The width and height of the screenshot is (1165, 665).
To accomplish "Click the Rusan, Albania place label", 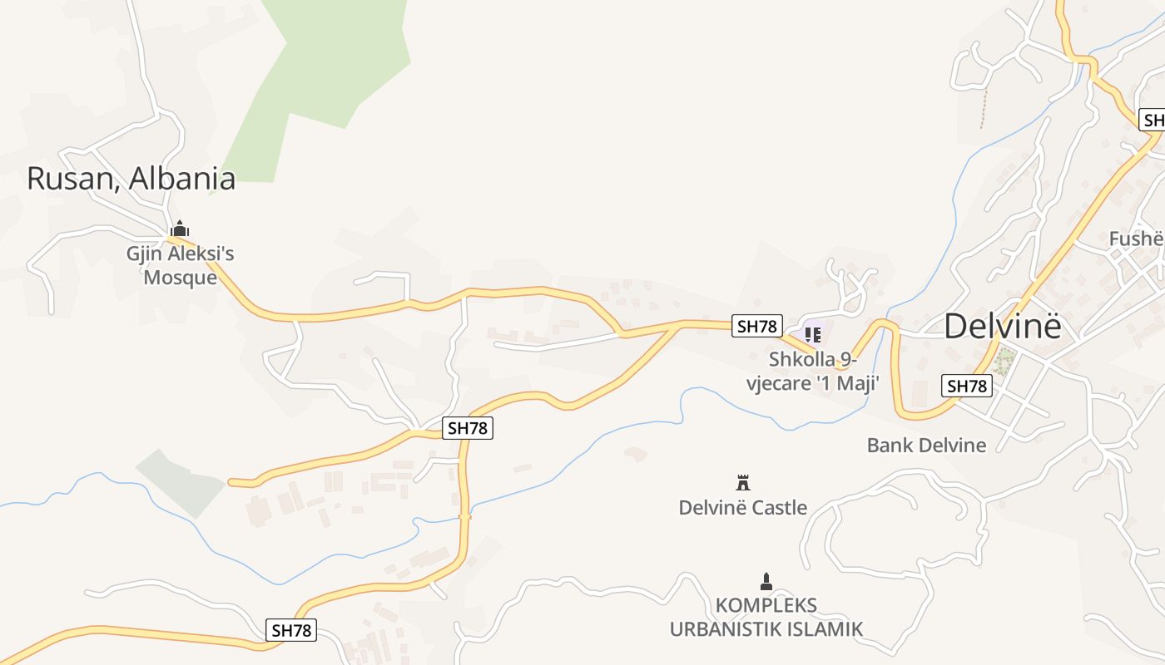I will [x=131, y=179].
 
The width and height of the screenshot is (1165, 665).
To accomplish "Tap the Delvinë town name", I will [x=1003, y=327].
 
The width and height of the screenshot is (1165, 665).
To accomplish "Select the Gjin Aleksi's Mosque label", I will [x=180, y=265].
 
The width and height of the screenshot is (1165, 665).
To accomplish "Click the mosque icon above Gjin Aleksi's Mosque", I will [x=179, y=229].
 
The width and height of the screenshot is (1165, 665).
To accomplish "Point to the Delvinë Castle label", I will [x=742, y=507].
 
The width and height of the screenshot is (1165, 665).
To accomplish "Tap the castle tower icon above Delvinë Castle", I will [x=743, y=482].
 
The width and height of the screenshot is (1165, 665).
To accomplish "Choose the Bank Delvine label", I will [x=926, y=445].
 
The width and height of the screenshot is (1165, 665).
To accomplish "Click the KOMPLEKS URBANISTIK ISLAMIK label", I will [x=766, y=617].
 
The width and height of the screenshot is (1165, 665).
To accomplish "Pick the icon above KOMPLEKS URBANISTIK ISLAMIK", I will [x=766, y=581].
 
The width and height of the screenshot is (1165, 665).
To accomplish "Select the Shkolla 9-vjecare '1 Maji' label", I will [x=824, y=372].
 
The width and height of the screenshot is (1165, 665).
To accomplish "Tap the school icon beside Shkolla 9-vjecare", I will [x=813, y=335].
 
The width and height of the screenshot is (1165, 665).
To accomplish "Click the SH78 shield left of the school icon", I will [x=756, y=326].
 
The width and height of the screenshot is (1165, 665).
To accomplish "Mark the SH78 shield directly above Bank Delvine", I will [x=967, y=386].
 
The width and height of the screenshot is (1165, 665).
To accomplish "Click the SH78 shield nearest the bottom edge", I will [x=291, y=630].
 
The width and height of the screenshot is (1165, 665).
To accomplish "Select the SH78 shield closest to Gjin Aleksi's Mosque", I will [x=467, y=428].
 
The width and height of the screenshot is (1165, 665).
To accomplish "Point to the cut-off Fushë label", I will [x=1136, y=239].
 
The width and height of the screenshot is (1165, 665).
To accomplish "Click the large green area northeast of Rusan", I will [x=325, y=75].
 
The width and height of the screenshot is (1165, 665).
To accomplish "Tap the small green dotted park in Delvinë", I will [x=1005, y=360].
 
